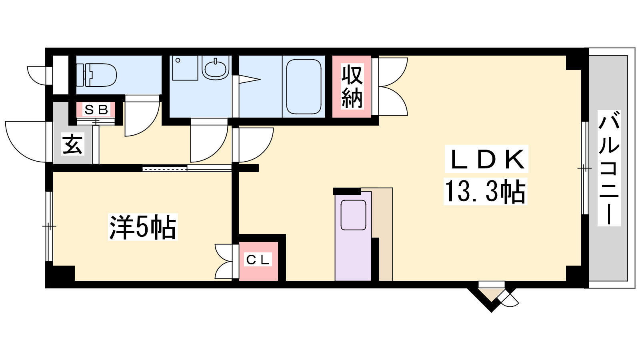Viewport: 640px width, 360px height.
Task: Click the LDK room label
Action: click(x=486, y=159)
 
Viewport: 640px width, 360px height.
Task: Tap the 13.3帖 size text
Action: click(x=485, y=191)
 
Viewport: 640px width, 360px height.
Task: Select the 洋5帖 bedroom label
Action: click(x=142, y=227)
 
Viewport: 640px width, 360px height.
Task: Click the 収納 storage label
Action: click(x=352, y=86)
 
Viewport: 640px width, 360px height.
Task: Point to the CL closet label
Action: click(x=258, y=260)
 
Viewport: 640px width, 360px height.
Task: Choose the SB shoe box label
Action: click(x=96, y=110)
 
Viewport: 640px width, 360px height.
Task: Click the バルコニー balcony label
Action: click(x=609, y=168)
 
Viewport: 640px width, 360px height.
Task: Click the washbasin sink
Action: click(x=216, y=68)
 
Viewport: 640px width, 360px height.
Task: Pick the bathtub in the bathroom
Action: click(x=304, y=86)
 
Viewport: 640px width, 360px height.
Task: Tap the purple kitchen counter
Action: click(x=353, y=236)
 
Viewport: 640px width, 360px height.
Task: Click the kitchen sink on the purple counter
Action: click(x=354, y=215)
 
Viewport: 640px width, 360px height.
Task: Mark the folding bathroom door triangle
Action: click(x=250, y=80)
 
